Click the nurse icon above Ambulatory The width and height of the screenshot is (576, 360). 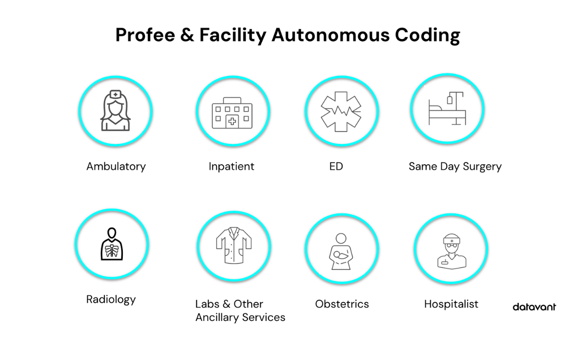click(116, 111)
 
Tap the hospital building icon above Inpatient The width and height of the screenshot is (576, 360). click(232, 113)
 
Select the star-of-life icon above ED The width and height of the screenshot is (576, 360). click(341, 111)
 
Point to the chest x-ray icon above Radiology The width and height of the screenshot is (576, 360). click(112, 244)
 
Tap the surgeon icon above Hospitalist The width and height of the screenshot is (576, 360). click(451, 251)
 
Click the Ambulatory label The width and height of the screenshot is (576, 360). click(116, 166)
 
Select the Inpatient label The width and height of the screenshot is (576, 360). click(231, 166)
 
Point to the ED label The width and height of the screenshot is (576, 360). click(336, 166)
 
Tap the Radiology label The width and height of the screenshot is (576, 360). click(111, 300)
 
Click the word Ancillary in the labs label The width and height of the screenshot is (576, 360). click(217, 318)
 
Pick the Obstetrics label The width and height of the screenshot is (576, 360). click(342, 304)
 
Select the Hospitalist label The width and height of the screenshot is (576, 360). click(451, 304)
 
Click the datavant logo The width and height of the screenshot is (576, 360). click(534, 307)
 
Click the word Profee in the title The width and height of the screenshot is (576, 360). click(144, 35)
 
